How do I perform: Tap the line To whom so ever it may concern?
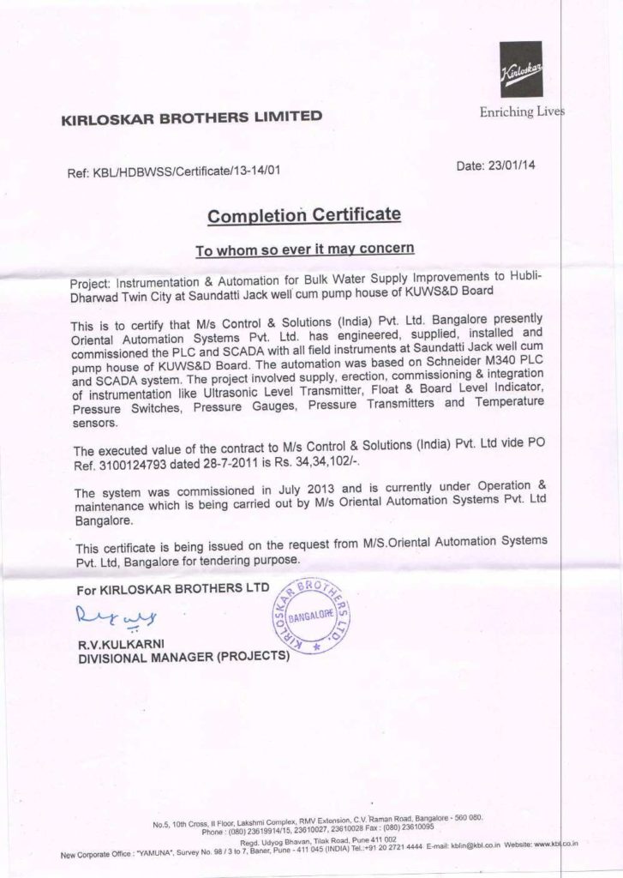[x=305, y=250]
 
